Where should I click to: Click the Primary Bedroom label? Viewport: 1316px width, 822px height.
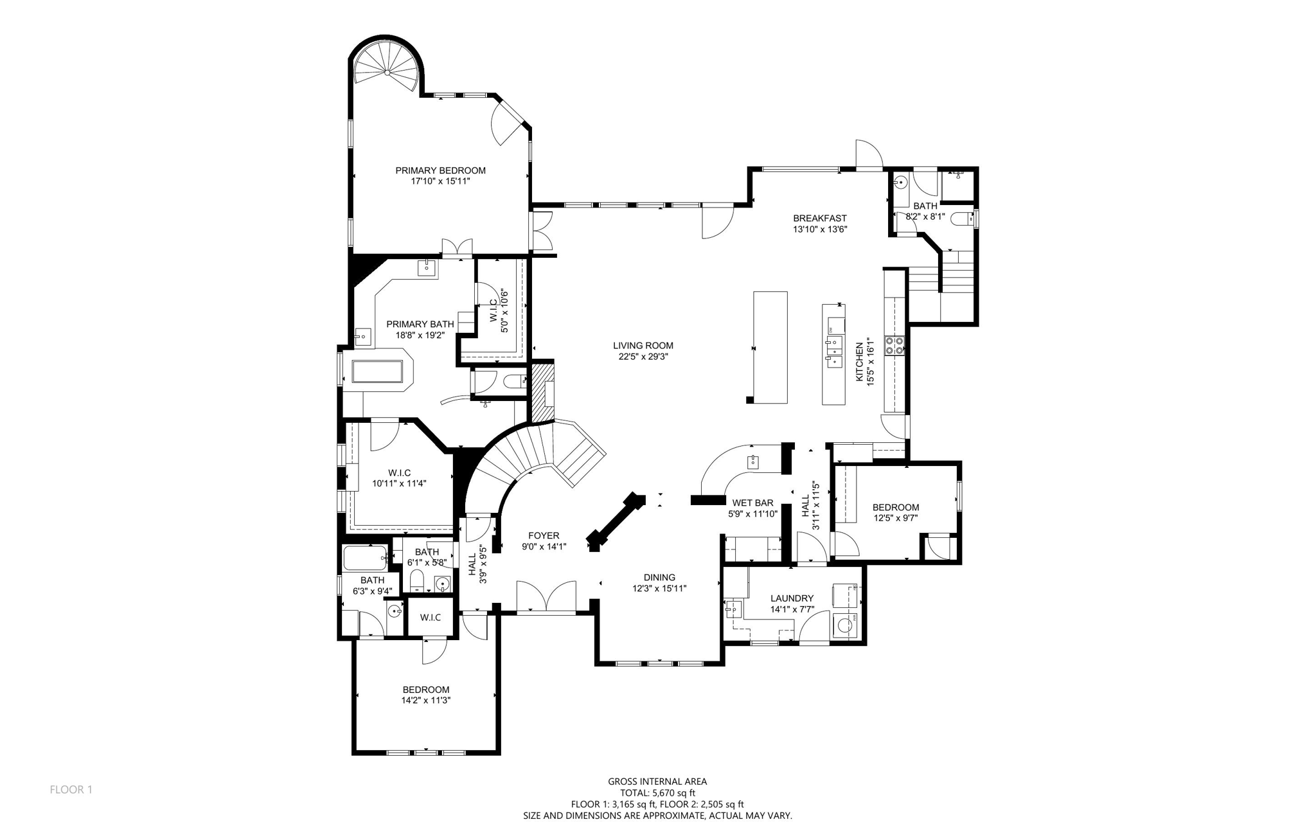[x=440, y=170]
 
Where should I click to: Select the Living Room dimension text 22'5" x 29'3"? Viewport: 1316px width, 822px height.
[x=643, y=357]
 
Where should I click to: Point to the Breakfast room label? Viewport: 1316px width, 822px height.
[x=819, y=219]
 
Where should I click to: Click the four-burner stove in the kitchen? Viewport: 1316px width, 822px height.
[x=894, y=346]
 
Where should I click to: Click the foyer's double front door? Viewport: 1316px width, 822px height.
[x=546, y=596]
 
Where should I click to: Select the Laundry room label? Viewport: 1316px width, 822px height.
[x=792, y=598]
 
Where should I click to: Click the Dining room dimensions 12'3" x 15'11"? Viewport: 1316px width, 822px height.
[x=659, y=588]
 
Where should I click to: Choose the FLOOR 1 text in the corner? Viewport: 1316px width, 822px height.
[x=71, y=790]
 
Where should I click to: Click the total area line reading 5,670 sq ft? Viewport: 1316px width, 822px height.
[x=657, y=793]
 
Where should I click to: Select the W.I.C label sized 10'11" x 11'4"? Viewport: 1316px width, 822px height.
[x=399, y=473]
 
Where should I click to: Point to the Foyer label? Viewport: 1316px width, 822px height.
[x=544, y=536]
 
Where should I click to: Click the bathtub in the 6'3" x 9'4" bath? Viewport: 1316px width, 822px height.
[x=366, y=558]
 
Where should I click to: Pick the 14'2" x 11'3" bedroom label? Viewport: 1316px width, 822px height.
[x=426, y=690]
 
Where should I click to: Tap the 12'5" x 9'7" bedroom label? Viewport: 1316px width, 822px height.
[x=896, y=507]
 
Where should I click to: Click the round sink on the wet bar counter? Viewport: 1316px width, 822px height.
[x=753, y=461]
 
